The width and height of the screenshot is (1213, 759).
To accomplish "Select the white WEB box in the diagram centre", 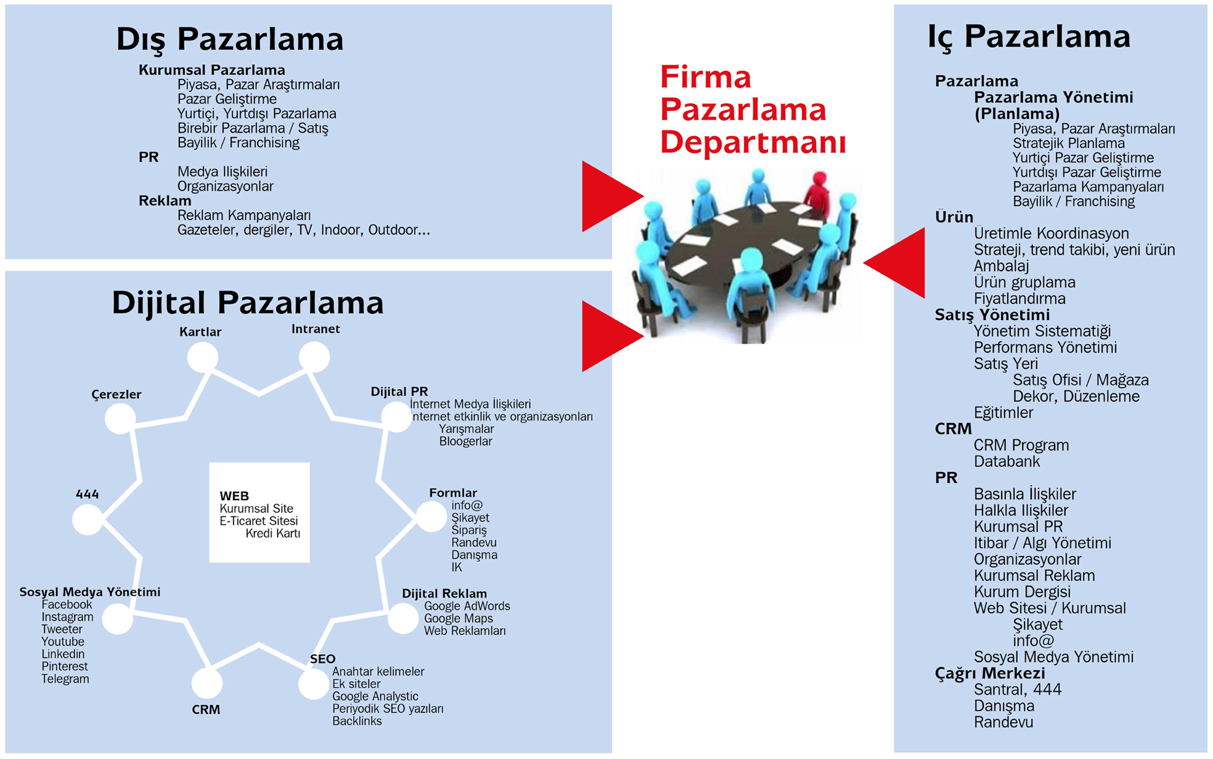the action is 259,512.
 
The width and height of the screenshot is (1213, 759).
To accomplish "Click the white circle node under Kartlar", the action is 203,358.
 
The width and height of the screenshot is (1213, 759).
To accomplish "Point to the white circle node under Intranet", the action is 314,358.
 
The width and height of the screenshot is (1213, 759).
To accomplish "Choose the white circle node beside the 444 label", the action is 88,519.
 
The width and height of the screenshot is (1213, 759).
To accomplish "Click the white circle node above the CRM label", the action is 206,683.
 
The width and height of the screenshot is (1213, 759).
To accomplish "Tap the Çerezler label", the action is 116,395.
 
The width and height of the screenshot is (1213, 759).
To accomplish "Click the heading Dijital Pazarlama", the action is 248,303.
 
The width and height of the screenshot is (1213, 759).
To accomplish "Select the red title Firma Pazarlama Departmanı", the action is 753,109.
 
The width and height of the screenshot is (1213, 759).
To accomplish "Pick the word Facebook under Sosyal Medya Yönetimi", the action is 67,605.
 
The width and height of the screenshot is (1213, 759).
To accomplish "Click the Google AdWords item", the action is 467,606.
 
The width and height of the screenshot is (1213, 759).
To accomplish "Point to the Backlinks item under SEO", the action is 357,721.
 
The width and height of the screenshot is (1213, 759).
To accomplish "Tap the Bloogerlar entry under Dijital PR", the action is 465,441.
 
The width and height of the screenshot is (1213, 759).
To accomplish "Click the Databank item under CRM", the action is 1007,461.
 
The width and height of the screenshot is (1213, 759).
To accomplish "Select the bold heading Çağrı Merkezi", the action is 990,673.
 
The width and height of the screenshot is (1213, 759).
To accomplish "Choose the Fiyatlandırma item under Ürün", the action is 1019,298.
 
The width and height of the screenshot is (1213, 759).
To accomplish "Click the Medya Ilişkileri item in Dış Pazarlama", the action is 223,171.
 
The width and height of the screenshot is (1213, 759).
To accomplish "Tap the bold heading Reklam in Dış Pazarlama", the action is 165,200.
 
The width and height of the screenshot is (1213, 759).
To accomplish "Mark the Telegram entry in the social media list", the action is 65,679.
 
